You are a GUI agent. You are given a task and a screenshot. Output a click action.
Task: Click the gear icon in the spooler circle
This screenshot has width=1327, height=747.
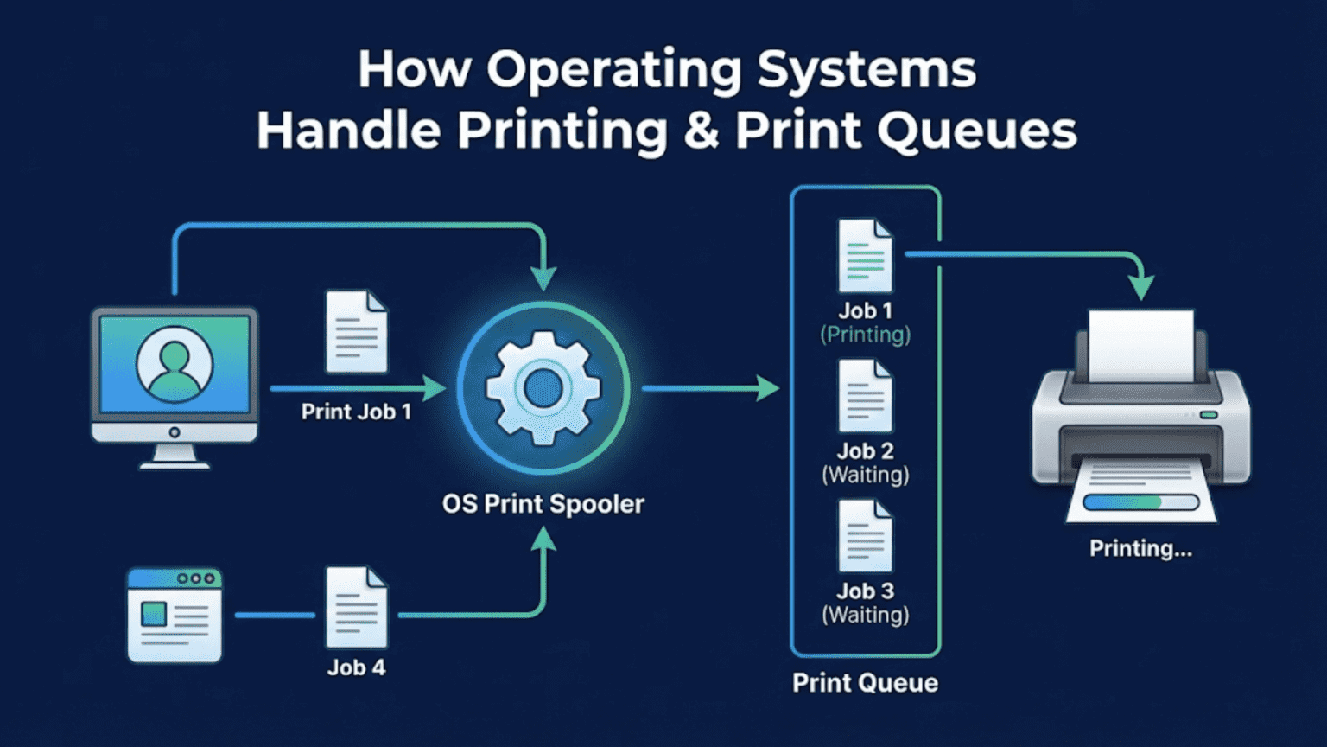point(543,388)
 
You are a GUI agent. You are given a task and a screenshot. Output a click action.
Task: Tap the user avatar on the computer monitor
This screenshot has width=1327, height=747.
point(175,364)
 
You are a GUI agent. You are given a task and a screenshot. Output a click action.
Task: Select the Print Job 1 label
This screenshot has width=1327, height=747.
point(356,412)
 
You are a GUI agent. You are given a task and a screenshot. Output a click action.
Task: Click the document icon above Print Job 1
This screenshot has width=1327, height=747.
point(356,332)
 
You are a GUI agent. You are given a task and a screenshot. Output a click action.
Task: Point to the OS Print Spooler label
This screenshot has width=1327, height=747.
point(543,504)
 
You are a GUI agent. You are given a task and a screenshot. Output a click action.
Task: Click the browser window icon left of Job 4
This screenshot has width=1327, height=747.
point(175,615)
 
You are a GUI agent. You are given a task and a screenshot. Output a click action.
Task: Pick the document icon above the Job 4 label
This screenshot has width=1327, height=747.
point(356,607)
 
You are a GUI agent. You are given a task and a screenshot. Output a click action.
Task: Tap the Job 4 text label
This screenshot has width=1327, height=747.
point(356,667)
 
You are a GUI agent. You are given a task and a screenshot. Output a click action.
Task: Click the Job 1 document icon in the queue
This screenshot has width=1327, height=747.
point(865,256)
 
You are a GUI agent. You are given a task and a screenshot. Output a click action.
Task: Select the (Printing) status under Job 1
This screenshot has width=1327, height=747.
point(865,335)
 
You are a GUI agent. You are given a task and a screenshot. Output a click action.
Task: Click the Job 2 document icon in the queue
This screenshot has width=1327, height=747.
point(865,396)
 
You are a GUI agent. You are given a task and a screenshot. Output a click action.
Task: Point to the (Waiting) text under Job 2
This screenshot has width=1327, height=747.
point(865,475)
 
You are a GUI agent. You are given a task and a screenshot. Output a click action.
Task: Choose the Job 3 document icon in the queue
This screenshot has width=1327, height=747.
point(865,536)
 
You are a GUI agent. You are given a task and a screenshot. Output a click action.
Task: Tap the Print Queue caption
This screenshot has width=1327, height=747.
point(865,683)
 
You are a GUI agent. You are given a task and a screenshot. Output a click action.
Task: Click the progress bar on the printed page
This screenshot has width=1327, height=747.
point(1140,502)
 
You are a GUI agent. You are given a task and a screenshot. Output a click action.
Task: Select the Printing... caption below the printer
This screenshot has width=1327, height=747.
point(1140,548)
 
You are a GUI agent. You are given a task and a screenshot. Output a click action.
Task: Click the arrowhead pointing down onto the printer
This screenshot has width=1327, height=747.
point(1141,288)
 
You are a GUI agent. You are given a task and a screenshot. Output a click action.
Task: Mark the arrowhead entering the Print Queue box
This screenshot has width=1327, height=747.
point(766,388)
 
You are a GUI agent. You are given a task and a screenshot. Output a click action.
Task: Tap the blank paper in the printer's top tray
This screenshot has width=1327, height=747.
point(1140,344)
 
